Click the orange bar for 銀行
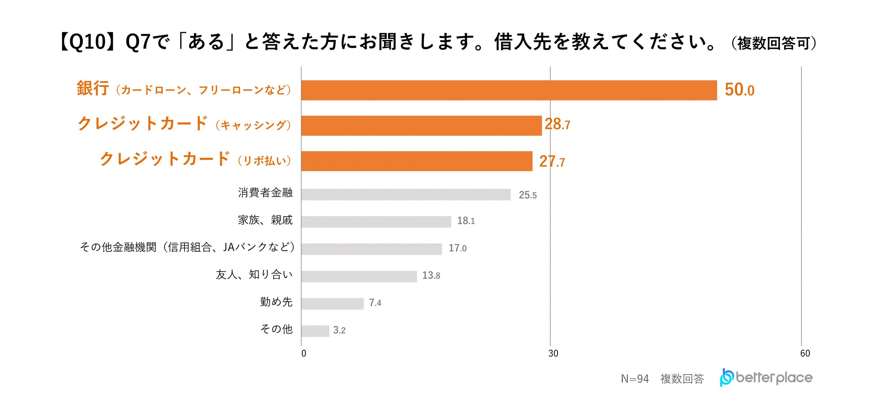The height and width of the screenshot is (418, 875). pos(509,90)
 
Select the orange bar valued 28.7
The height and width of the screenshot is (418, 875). pos(421,126)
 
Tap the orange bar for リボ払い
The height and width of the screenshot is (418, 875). pos(417,161)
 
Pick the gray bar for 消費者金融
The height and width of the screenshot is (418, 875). pos(406,195)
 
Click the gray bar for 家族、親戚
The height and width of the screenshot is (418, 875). pos(376,222)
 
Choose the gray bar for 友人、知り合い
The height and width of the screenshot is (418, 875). pos(359,276)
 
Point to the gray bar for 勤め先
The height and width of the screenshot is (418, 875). pos(332,304)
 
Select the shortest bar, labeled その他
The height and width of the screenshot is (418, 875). pos(315,331)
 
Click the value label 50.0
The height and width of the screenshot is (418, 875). pos(739,90)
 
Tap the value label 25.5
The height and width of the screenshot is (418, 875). pos(527,195)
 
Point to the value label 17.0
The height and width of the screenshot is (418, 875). pos(457,248)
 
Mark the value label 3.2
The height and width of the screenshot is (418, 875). pos(339,330)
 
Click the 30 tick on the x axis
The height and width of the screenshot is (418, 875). pos(553,354)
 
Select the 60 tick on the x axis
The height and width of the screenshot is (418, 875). pos(805,354)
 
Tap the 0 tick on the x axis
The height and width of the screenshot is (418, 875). pos(304,354)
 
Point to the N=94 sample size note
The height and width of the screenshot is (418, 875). pos(635,379)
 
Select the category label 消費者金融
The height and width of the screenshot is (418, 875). pos(265,193)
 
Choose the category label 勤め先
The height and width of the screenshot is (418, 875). pos(276,302)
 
